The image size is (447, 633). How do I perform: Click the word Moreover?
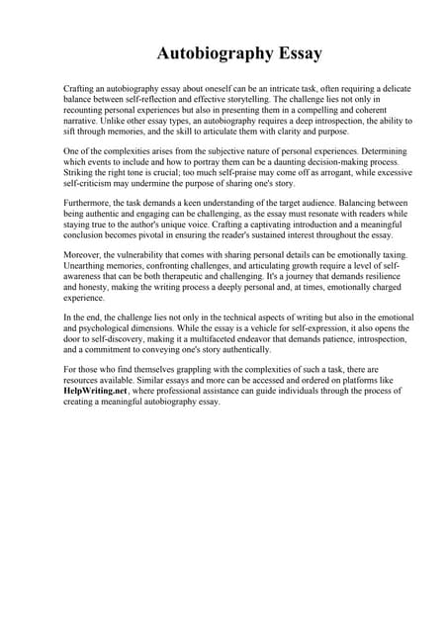pyautogui.click(x=83, y=256)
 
